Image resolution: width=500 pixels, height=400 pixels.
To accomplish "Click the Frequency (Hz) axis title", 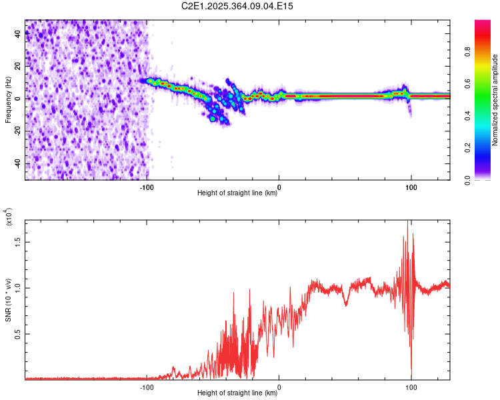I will pyautogui.click(x=8, y=100).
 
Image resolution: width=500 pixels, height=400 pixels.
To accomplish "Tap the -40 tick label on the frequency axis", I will pyautogui.click(x=19, y=163).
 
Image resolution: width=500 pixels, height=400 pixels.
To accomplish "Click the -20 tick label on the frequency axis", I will pyautogui.click(x=19, y=131).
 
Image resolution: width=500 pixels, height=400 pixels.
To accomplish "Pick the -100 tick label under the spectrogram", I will pyautogui.click(x=147, y=187).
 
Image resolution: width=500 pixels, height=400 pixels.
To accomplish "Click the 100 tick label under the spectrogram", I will pyautogui.click(x=411, y=187).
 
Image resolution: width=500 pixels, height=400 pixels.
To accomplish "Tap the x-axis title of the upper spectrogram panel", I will pyautogui.click(x=237, y=193).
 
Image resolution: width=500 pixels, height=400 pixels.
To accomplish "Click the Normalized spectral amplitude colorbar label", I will pyautogui.click(x=495, y=100).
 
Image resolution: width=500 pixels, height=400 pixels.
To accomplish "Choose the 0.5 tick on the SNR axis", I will pyautogui.click(x=19, y=333).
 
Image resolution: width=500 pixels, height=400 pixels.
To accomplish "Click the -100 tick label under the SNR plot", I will pyautogui.click(x=147, y=387).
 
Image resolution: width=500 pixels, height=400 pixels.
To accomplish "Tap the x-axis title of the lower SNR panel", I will pyautogui.click(x=237, y=393).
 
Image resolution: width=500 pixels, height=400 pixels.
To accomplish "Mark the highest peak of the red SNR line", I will pyautogui.click(x=407, y=222).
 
